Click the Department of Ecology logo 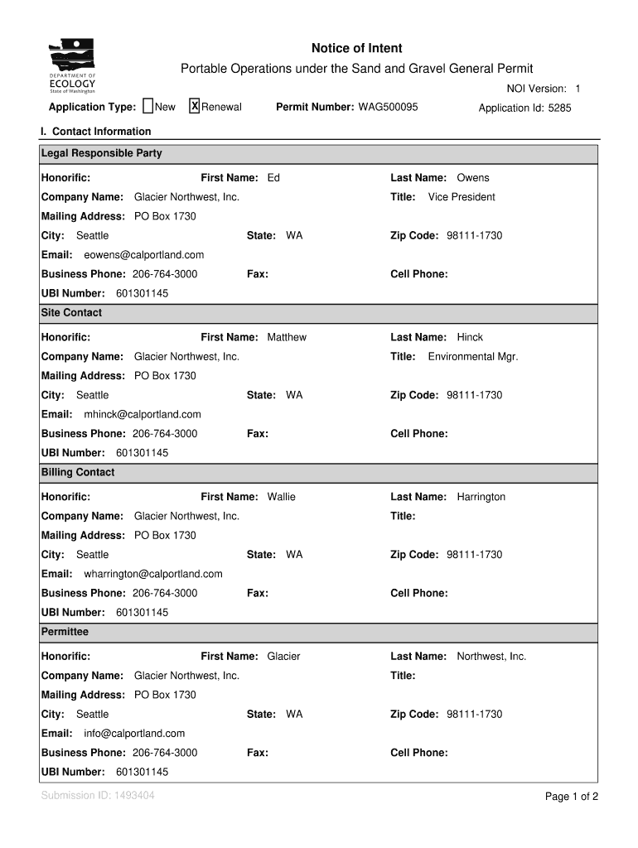pos(72,67)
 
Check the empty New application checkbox pos(148,106)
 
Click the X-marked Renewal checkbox pos(195,106)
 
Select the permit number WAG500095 pos(388,108)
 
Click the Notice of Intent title pos(356,49)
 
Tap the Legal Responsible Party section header pos(102,153)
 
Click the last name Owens pos(473,178)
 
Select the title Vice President pos(462,197)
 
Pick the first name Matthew pos(287,338)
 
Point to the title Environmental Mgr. pos(473,357)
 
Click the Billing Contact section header pos(78,473)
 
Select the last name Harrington pos(481,498)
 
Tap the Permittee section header pos(65,632)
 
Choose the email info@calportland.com pos(134,734)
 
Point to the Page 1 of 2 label pos(571,797)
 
